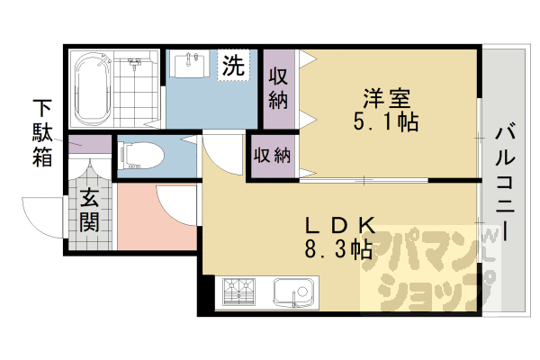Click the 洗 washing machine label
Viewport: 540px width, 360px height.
233,66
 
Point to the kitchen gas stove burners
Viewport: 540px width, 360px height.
239,290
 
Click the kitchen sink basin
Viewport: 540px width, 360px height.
293,291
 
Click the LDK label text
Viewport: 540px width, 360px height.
335,226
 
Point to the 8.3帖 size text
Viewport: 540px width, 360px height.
339,249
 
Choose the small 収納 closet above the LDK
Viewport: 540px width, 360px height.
271,155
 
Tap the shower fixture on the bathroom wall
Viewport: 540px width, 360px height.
135,66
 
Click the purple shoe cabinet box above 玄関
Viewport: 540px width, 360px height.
88,143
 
